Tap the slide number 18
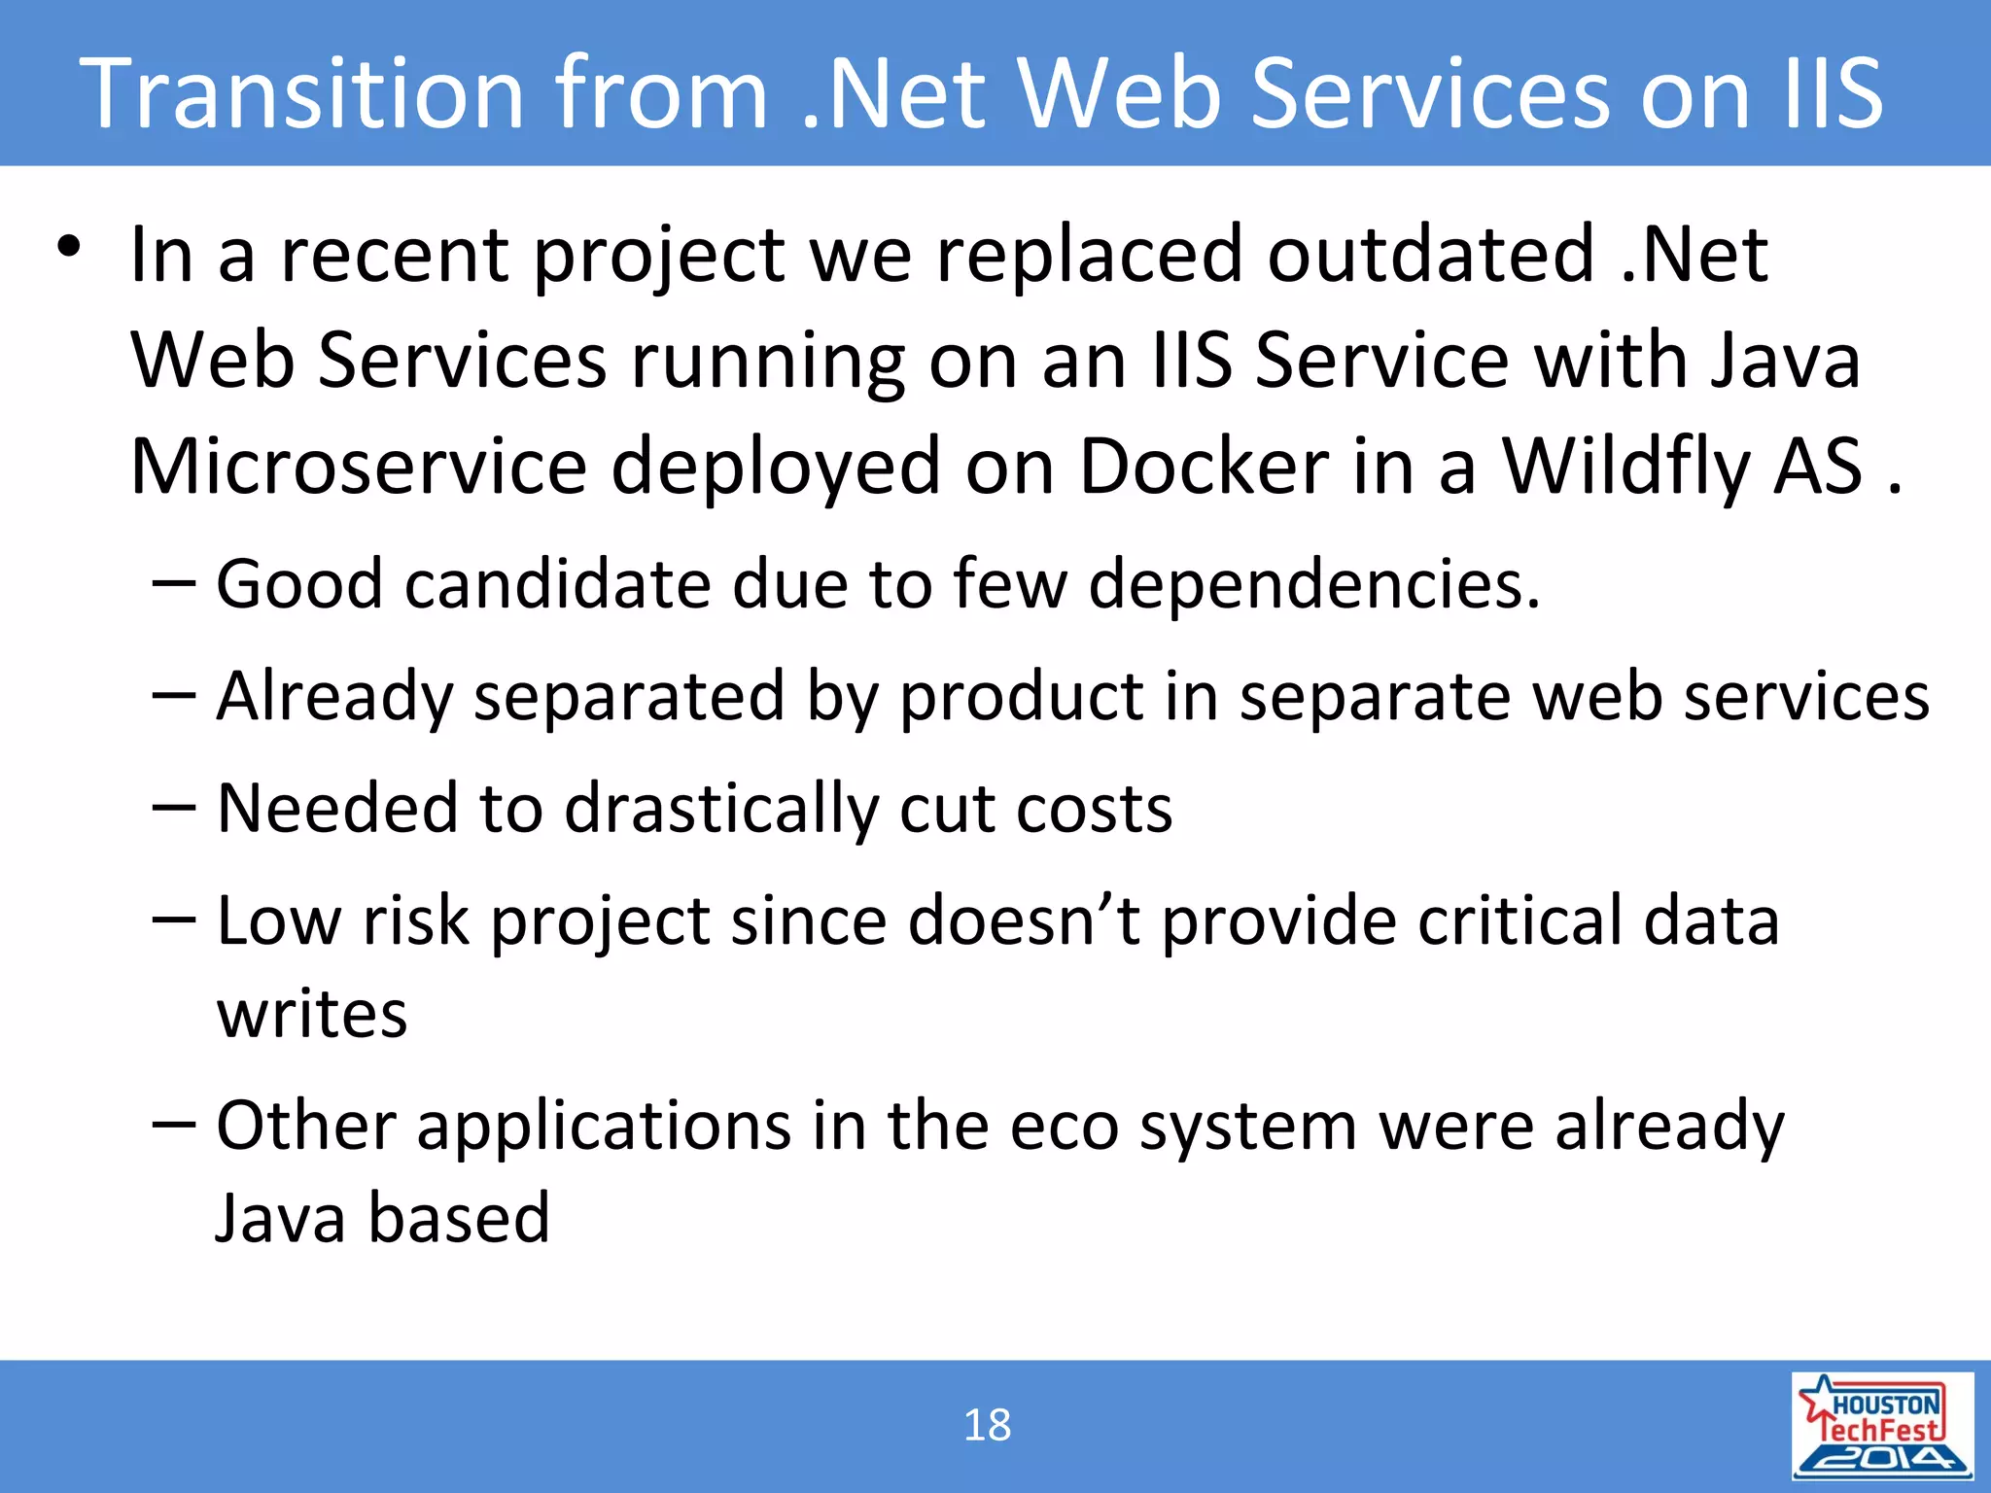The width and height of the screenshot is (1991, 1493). click(987, 1426)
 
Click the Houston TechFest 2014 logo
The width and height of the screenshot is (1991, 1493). click(1882, 1426)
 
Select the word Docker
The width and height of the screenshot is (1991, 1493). click(1204, 467)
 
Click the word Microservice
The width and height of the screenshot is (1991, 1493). click(359, 467)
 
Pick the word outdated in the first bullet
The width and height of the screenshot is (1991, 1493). click(1431, 255)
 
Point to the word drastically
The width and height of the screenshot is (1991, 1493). click(720, 809)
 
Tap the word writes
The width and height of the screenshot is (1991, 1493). click(311, 1015)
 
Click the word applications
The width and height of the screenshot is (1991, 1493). click(604, 1128)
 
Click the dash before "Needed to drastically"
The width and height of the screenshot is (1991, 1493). click(175, 808)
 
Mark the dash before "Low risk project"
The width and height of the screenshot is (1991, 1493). click(175, 920)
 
